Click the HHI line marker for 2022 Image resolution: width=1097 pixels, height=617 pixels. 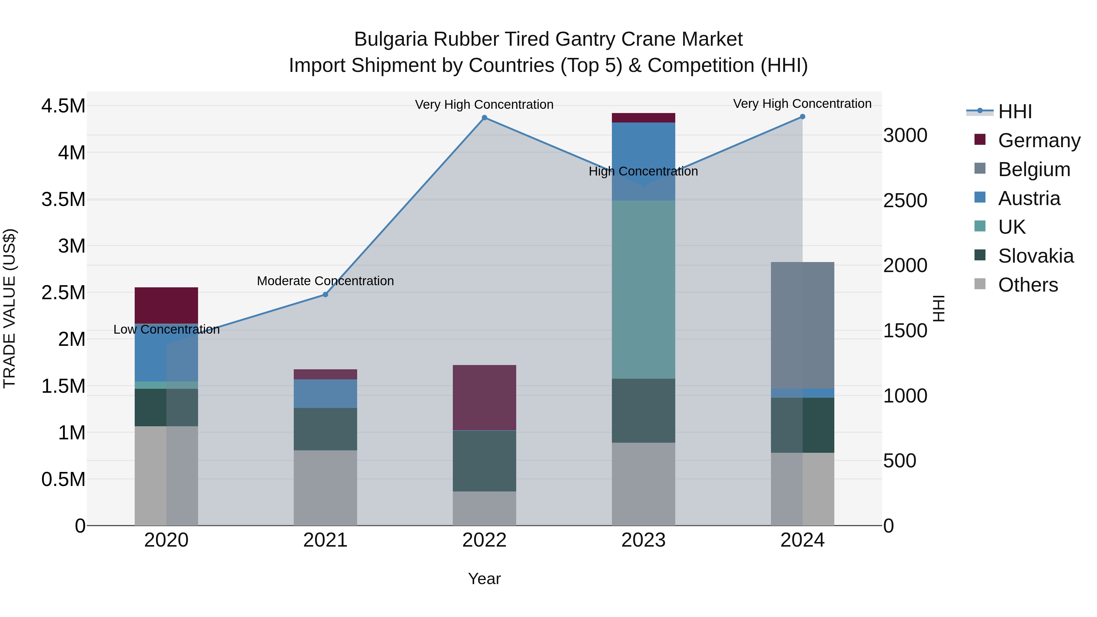point(484,118)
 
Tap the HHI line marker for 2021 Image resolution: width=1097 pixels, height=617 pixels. point(325,294)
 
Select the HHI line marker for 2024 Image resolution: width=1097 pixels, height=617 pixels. point(802,116)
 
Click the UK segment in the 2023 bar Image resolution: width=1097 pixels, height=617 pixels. point(643,289)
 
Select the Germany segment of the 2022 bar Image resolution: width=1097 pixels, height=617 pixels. point(484,397)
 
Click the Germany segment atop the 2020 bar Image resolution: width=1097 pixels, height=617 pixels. point(166,305)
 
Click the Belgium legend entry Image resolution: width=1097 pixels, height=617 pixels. point(1034,169)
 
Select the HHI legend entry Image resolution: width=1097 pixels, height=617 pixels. point(1014,112)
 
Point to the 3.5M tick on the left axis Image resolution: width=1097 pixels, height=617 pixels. point(63,199)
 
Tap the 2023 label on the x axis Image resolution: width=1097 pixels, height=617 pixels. point(643,540)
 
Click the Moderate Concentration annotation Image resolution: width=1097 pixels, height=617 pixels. point(325,281)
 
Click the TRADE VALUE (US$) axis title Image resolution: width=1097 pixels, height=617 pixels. point(9,308)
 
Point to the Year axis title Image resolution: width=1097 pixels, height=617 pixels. point(484,579)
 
